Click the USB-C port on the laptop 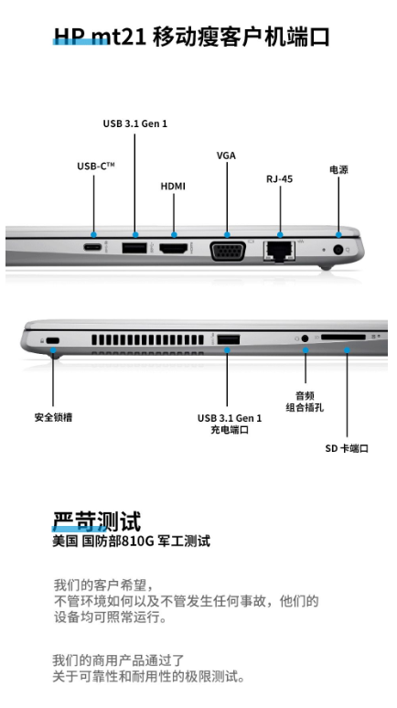(92, 248)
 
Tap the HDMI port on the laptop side (174, 248)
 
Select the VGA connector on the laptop (228, 251)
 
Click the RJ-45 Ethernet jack (279, 250)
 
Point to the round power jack (338, 250)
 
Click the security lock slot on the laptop (54, 340)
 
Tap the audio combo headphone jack (306, 338)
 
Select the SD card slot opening (343, 337)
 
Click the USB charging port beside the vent (229, 338)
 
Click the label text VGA (226, 156)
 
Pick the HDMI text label (173, 186)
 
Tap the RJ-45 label (279, 178)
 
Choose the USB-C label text (96, 166)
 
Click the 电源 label (338, 170)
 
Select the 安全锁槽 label (53, 417)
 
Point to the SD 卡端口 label (347, 448)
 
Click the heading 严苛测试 (97, 521)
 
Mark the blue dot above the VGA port (227, 235)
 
